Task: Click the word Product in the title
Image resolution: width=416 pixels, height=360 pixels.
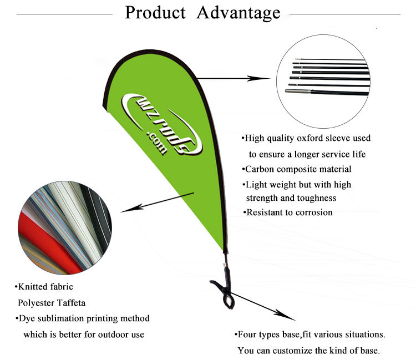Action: (x=155, y=13)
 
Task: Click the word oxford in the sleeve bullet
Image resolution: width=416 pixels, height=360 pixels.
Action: (x=311, y=138)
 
